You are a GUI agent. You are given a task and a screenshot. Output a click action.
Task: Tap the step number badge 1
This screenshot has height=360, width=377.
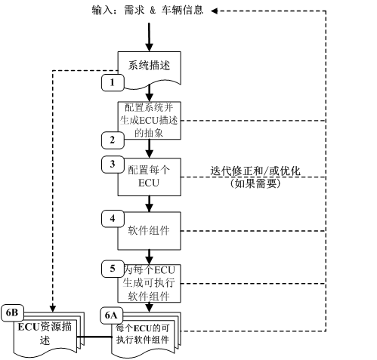click(x=113, y=81)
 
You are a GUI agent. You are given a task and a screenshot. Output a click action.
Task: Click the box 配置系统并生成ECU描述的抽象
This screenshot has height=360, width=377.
click(x=150, y=119)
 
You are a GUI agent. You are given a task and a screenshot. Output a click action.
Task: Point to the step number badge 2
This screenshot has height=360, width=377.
click(x=113, y=139)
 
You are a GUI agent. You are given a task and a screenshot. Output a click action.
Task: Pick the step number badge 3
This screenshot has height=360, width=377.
click(x=113, y=162)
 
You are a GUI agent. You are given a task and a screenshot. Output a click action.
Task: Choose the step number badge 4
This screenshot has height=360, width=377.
click(x=113, y=218)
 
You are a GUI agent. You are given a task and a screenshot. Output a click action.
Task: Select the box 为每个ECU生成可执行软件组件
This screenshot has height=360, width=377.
click(x=150, y=283)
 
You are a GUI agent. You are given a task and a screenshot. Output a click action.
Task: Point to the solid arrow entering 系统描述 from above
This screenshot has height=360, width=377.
click(x=150, y=38)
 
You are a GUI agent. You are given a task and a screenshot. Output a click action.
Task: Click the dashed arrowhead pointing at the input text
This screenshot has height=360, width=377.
click(x=216, y=11)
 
